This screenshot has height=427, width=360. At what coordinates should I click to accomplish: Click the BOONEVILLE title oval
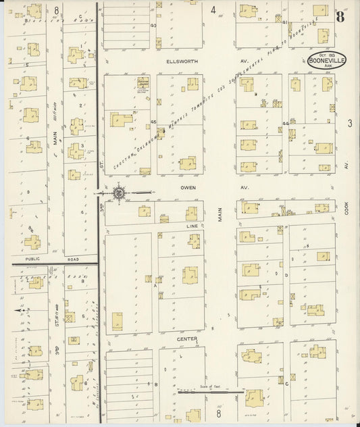(x=328, y=60)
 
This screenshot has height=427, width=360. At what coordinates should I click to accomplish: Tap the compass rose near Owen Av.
(x=119, y=193)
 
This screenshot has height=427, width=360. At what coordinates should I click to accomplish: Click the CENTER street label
(x=186, y=339)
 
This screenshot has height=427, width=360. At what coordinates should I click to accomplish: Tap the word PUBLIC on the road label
(x=32, y=259)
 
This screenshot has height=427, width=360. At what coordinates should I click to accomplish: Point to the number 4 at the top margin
(x=213, y=9)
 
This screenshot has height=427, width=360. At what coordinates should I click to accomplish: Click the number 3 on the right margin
(x=350, y=123)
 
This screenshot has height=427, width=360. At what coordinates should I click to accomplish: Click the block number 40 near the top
(x=153, y=26)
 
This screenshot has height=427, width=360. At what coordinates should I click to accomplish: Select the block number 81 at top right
(x=286, y=23)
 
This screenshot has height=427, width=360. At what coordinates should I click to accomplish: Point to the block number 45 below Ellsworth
(x=154, y=122)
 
